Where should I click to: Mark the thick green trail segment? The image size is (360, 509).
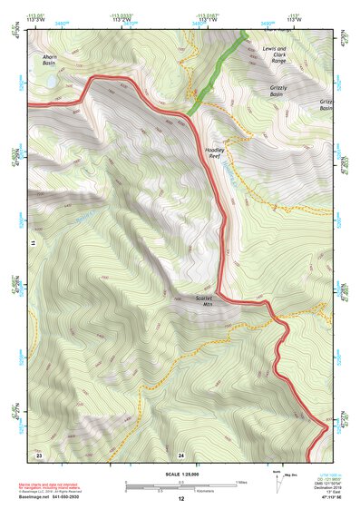coord(218,73)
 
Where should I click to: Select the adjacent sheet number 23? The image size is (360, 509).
coord(39,454)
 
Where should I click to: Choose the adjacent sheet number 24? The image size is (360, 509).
coord(181,454)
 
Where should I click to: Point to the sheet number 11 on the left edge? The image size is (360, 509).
coord(31,243)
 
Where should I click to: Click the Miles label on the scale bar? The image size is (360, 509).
coord(241,481)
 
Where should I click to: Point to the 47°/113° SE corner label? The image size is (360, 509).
coord(329,498)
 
